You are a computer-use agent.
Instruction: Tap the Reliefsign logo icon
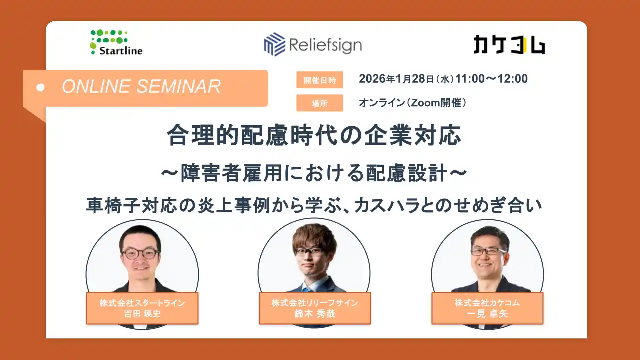[274, 44]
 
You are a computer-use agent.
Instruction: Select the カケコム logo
[509, 45]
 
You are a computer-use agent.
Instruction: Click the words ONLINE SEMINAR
[141, 86]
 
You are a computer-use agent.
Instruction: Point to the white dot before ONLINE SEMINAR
[41, 87]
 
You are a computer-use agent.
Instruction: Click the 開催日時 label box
[319, 80]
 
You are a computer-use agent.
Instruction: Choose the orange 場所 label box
[319, 103]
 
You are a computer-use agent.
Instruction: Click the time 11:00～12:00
[492, 79]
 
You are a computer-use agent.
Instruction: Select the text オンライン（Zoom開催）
[413, 103]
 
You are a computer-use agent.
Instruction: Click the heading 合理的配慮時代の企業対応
[314, 136]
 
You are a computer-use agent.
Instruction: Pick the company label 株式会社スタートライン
[142, 303]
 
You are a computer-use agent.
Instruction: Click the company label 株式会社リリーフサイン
[315, 303]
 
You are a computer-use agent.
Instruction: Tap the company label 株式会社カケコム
[487, 303]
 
